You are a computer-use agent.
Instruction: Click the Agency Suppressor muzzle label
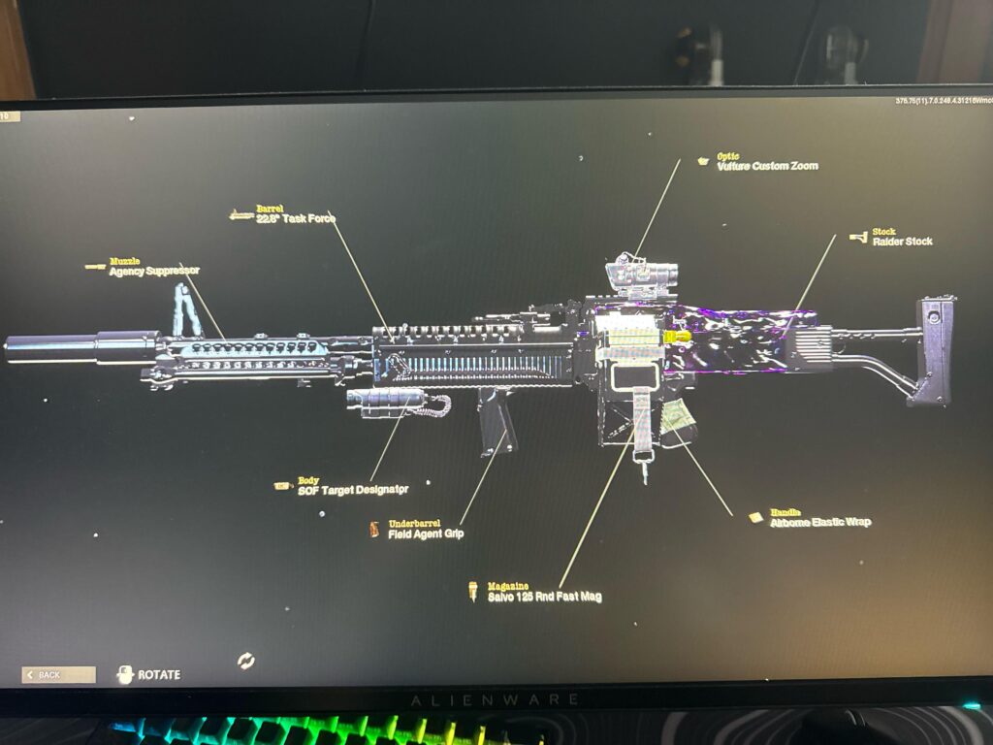click(x=155, y=271)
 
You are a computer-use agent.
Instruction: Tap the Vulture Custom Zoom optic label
click(x=767, y=166)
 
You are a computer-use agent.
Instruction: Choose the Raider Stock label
click(x=902, y=241)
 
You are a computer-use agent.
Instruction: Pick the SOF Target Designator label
click(x=353, y=490)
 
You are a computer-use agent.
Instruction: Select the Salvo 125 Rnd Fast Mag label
click(x=544, y=597)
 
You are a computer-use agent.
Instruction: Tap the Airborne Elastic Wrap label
click(x=820, y=522)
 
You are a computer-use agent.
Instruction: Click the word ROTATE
click(x=159, y=674)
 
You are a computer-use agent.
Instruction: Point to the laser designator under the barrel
click(x=388, y=399)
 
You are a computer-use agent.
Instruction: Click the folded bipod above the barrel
click(x=182, y=308)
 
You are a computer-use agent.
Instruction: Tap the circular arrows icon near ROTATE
click(x=246, y=661)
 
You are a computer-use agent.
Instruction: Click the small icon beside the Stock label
click(x=857, y=236)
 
